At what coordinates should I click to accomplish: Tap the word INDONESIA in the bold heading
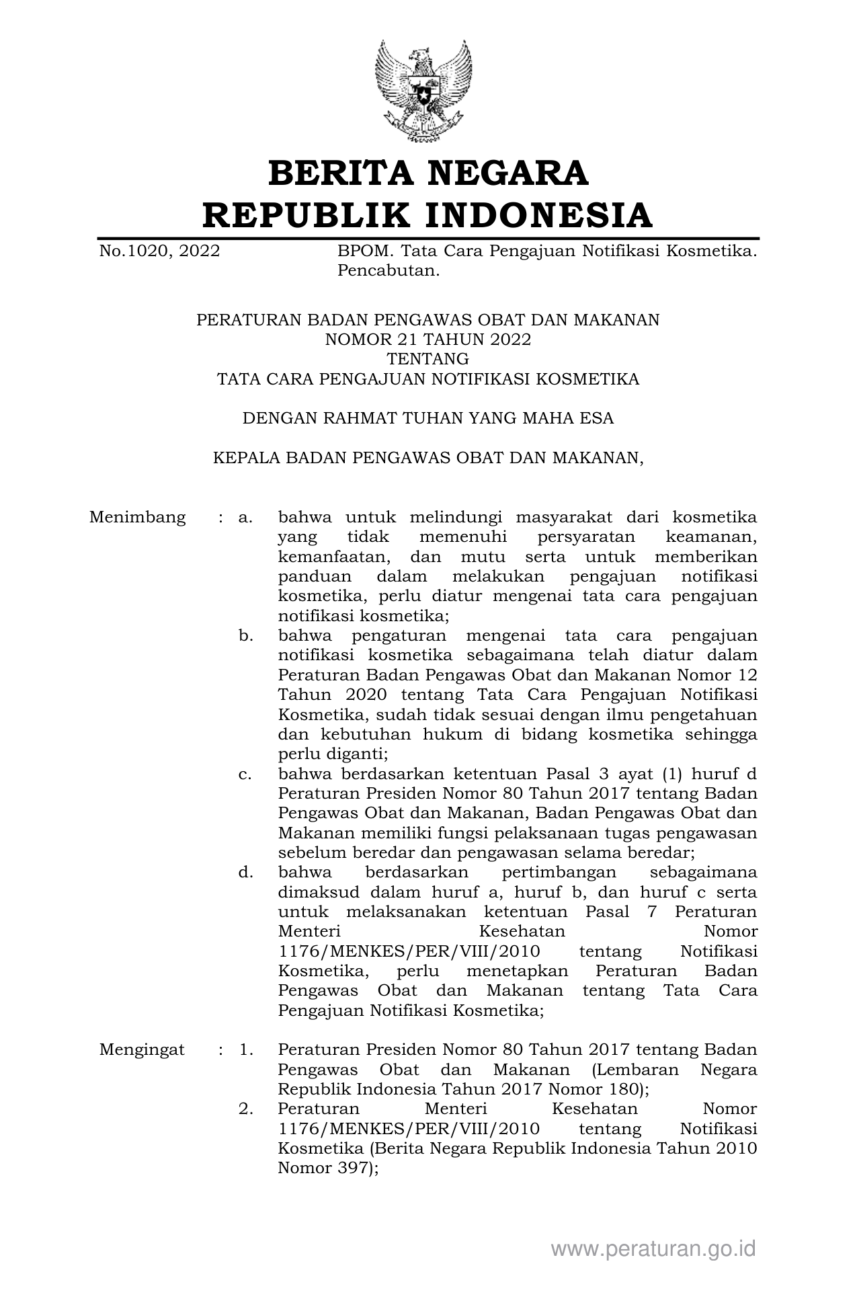point(538,215)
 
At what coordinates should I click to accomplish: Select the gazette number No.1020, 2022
point(159,251)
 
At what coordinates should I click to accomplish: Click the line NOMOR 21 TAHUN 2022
point(427,340)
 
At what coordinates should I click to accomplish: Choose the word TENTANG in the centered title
point(427,359)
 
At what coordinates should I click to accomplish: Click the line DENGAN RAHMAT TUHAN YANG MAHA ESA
point(427,418)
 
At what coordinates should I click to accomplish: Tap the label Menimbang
point(137,518)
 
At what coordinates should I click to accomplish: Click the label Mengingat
point(142,1050)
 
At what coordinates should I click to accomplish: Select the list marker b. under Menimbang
point(245,636)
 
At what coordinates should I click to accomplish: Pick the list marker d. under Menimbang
point(245,873)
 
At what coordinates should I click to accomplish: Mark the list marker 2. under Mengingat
point(245,1109)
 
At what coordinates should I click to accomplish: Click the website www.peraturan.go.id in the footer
point(653,1249)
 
